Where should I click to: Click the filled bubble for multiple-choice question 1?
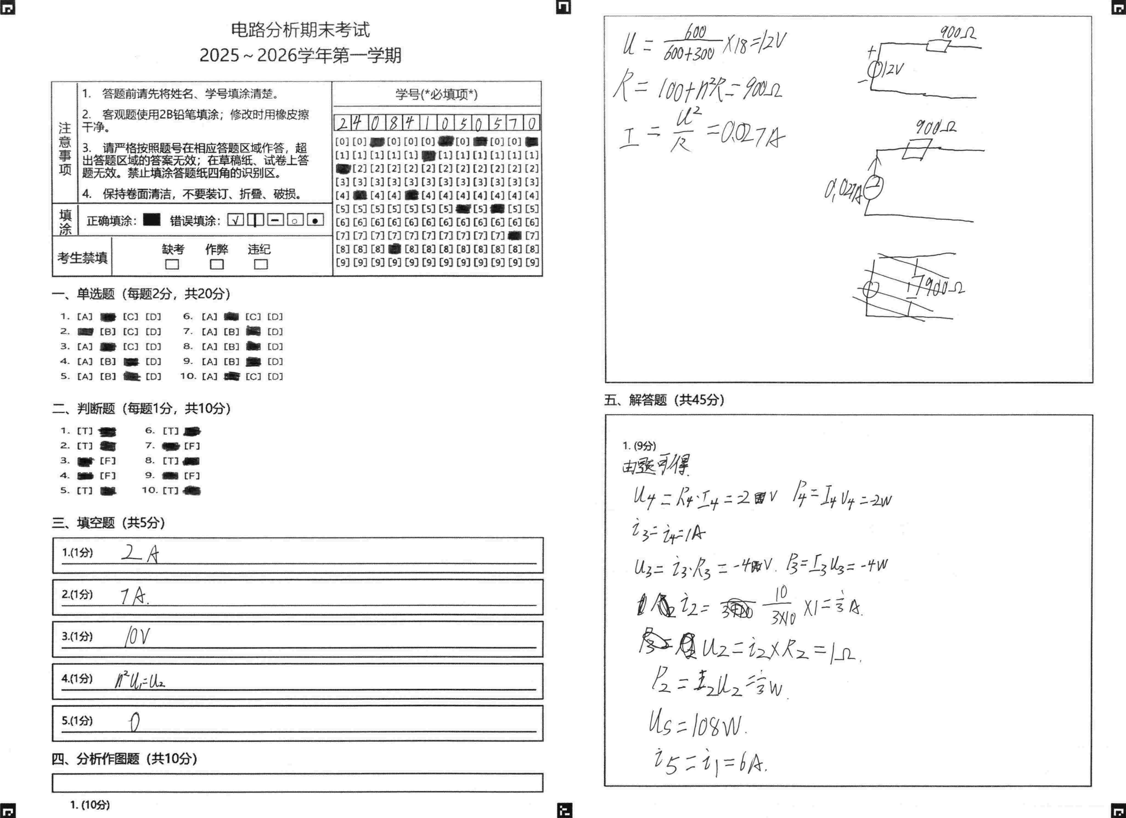(108, 317)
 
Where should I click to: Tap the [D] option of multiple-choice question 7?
(275, 332)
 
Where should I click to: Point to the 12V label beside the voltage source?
(894, 69)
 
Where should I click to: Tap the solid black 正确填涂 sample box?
(151, 220)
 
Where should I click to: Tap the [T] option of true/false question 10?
(170, 490)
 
